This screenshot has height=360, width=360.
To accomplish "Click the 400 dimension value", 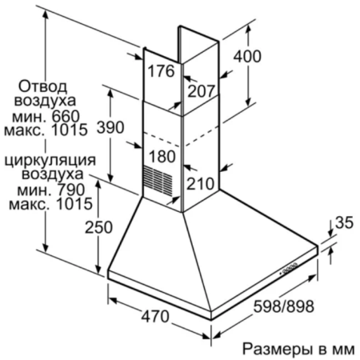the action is pos(247,57).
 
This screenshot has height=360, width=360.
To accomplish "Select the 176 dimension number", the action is pos(162,71).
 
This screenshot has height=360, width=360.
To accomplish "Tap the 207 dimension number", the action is pos(202,91).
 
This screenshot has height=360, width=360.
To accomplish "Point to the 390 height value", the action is pos(110,127).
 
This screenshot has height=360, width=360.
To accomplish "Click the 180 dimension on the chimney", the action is pos(162,156).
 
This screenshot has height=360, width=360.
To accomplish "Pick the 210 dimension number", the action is pos(200,184).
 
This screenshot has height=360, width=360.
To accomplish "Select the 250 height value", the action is pos(98,227).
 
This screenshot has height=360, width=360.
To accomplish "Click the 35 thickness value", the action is pos(344,222).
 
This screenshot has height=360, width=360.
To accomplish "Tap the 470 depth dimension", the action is pos(155,317).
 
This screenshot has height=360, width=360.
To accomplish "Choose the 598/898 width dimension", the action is pos(283,306).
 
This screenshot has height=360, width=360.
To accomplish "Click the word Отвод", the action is pos(42,86).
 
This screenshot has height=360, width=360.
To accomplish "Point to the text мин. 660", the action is pos(46,116).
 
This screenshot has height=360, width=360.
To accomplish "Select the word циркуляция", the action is pos(50,161).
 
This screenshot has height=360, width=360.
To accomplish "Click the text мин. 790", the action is pos(51,190).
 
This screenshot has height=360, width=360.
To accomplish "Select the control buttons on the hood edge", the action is pos(289,269).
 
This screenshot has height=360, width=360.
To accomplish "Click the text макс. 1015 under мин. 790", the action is pos(50,204).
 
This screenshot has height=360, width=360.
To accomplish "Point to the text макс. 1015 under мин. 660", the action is pos(46,130).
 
